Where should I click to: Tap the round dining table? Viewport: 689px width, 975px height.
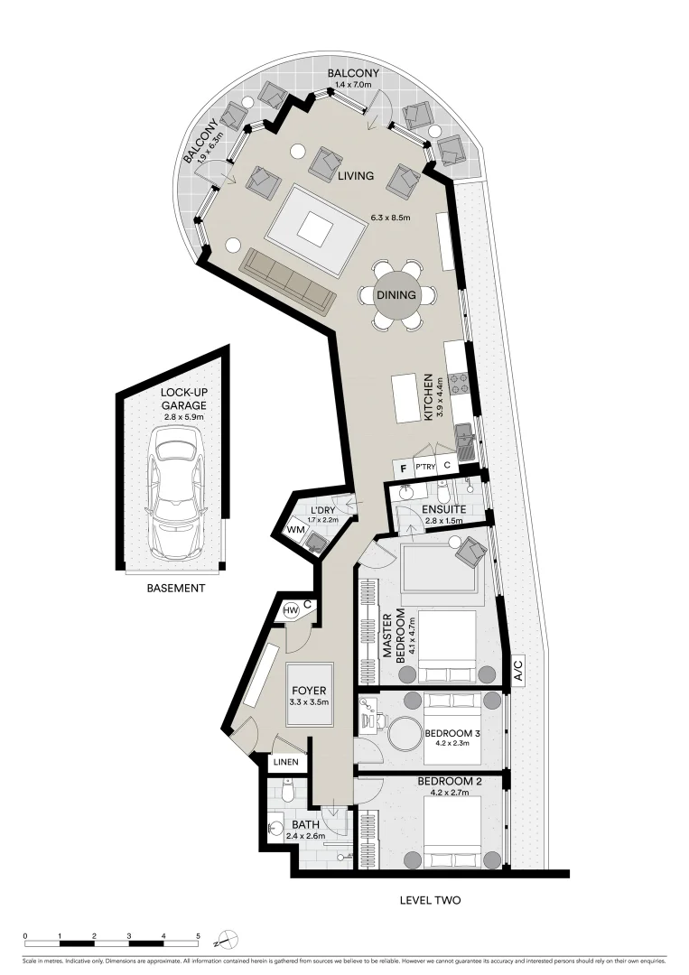[397, 295]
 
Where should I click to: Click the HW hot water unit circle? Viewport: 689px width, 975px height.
[291, 611]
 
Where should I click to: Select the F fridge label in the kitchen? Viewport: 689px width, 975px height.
[404, 468]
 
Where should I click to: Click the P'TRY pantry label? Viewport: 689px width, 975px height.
[426, 468]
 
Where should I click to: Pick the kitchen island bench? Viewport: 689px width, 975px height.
[406, 398]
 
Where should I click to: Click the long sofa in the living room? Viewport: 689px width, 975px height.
[287, 280]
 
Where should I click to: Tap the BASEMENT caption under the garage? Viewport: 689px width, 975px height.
[176, 589]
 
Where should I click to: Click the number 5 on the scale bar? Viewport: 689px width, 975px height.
[198, 935]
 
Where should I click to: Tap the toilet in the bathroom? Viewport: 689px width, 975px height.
[287, 791]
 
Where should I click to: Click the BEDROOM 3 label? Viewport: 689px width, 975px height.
[452, 733]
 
